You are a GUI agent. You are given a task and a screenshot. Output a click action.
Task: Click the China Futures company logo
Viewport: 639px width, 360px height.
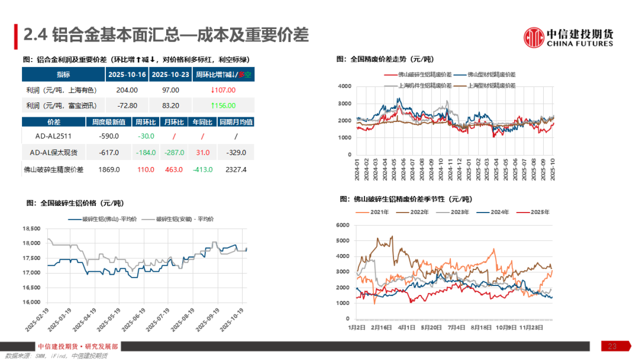tap(569, 37)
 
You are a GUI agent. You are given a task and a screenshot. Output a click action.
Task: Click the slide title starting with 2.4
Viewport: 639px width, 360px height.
tap(166, 36)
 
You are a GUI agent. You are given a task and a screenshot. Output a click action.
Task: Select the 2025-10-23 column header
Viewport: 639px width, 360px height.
tap(170, 75)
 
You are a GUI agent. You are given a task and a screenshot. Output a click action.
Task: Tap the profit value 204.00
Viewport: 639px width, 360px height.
tap(127, 90)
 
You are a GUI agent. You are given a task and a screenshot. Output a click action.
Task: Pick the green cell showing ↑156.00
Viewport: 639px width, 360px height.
tap(223, 105)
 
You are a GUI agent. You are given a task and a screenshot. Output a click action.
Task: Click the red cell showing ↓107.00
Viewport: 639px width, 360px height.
tap(223, 90)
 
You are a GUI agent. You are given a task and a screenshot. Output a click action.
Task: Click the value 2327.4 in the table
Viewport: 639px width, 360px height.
tap(235, 169)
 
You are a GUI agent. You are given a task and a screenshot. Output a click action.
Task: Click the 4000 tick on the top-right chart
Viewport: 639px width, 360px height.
tap(345, 86)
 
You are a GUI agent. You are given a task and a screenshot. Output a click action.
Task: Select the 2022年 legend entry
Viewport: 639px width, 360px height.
tap(415, 212)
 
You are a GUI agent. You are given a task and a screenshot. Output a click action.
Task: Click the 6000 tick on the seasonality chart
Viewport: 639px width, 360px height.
tap(345, 225)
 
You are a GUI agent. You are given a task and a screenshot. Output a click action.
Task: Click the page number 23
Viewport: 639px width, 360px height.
tap(612, 346)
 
